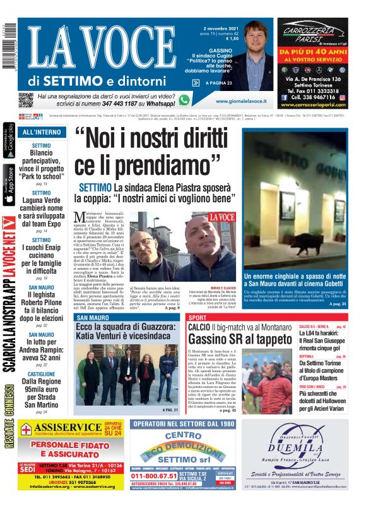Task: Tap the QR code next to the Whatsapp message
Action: point(25,100)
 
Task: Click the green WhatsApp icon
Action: point(184,100)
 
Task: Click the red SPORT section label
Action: point(198,317)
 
